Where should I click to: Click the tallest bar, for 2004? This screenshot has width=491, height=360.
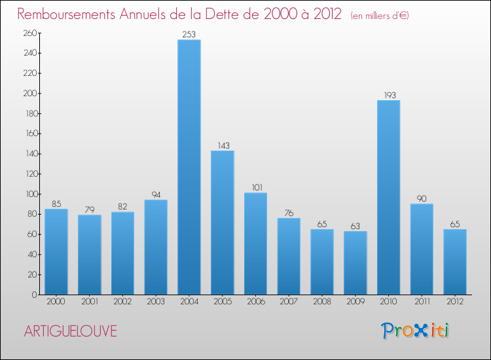[x=189, y=167]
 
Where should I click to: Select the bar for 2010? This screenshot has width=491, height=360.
[x=388, y=197]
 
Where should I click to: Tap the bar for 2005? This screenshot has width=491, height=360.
[x=223, y=223]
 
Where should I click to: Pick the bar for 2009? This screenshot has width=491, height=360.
[x=355, y=262]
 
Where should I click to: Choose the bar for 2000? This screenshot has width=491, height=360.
[x=56, y=251]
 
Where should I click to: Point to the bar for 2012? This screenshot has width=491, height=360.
[x=455, y=262]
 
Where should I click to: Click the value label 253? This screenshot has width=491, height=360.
[x=189, y=35]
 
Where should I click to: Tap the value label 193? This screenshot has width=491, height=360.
[x=388, y=95]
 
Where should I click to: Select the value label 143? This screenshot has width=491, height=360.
[x=223, y=145]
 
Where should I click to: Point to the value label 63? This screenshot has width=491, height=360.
[x=355, y=226]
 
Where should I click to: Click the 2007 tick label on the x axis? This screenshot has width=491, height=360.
[x=289, y=302]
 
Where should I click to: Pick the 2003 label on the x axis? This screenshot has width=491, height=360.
[x=156, y=302]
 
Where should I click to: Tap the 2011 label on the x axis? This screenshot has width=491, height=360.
[x=422, y=302]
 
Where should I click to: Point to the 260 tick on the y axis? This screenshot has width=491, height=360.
[x=29, y=33]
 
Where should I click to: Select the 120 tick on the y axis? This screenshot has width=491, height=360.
[x=29, y=174]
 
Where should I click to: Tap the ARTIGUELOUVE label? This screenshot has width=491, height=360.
[x=70, y=331]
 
